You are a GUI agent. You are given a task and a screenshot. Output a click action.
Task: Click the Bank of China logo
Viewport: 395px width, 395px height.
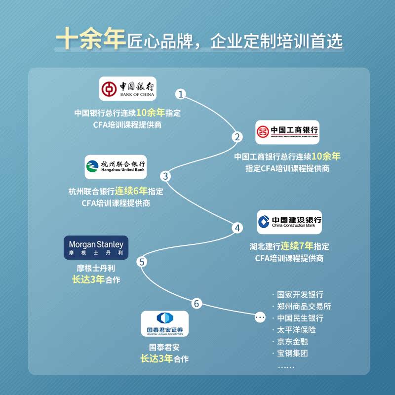coord(127,88)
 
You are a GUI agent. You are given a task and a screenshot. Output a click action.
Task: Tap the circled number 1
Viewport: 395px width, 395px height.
coord(182,94)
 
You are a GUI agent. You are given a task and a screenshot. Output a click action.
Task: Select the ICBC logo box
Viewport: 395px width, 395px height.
coord(287,132)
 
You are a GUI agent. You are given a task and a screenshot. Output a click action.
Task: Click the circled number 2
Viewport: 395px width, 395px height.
coord(238,137)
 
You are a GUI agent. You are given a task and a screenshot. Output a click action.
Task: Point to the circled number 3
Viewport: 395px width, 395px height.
coord(166,176)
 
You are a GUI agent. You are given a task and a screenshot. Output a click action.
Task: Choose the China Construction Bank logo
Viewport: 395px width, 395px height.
coord(289,222)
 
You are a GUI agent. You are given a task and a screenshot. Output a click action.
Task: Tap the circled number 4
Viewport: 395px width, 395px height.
coord(238,228)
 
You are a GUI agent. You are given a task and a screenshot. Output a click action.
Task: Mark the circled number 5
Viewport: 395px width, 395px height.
coord(142,262)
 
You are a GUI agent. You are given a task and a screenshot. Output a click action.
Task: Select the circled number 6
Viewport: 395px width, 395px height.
coord(197,304)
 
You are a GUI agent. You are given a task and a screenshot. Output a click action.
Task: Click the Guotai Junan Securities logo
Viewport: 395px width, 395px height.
coord(165,324)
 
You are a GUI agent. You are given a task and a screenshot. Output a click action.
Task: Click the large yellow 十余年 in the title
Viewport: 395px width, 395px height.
coord(91,39)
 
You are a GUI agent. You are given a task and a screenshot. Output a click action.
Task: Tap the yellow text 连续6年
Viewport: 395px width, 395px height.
coord(132,191)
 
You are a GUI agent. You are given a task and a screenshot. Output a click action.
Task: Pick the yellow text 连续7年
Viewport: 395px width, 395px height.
coord(298,245)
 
